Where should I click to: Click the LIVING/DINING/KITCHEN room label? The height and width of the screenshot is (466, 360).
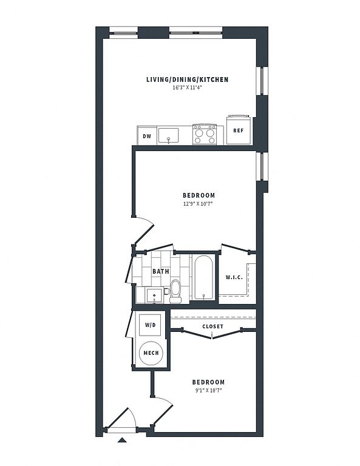187,79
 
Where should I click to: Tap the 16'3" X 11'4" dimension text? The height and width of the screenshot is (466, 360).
187,87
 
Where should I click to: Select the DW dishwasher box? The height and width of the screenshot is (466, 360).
147,136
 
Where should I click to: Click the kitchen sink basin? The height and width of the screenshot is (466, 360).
168,136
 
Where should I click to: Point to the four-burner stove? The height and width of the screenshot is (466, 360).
204,135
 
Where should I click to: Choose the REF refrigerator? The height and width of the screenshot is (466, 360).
239,130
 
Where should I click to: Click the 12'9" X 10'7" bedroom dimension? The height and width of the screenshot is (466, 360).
199,204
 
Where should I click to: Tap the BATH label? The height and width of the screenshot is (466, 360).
161,271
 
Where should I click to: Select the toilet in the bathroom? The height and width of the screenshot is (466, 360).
175,291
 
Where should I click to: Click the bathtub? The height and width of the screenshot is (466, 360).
203,277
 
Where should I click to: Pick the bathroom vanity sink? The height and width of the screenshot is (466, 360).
154,295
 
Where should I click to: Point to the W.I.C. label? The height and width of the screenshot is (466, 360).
234,277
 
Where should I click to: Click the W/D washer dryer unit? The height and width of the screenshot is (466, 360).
150,325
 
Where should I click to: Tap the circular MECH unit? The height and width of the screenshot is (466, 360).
151,353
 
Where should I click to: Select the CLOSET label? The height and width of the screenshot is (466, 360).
213,326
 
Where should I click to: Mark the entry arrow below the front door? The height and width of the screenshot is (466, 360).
122,440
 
